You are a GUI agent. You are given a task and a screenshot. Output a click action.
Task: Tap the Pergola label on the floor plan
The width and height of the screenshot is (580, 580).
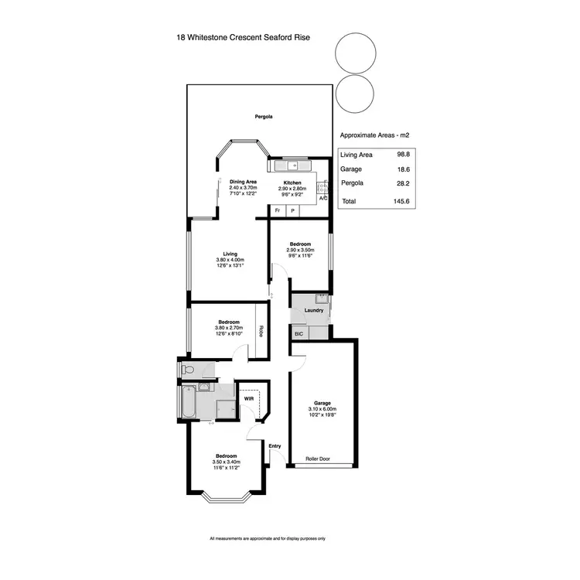(264, 117)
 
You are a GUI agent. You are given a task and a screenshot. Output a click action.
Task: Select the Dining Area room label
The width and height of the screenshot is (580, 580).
(243, 182)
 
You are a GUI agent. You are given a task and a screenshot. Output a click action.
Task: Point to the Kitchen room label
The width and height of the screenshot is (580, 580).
(292, 183)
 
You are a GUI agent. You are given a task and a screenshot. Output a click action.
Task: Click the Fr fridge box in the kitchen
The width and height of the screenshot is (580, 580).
(278, 210)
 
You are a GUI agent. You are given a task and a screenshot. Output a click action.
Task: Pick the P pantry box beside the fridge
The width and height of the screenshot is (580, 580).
(293, 210)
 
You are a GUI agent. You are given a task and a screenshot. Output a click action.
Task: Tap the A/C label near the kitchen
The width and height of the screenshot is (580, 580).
(323, 199)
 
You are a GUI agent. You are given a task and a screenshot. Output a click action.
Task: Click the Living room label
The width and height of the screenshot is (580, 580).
(230, 254)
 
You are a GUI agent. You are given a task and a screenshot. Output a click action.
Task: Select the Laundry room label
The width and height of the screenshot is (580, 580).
(314, 310)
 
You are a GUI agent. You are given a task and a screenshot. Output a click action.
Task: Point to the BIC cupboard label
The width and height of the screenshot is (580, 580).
(299, 333)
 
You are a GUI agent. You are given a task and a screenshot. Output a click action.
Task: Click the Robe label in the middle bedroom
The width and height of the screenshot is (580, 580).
(261, 330)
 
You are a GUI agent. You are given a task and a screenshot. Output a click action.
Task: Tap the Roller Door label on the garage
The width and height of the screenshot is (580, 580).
(317, 458)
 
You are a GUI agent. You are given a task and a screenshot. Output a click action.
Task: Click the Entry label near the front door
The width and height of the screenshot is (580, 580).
(275, 445)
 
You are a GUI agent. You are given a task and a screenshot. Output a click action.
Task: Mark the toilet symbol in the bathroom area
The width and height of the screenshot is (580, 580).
(190, 370)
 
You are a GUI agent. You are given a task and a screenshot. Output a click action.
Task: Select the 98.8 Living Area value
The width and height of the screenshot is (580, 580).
(402, 155)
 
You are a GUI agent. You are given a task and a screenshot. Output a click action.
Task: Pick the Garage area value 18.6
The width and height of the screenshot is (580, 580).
(402, 169)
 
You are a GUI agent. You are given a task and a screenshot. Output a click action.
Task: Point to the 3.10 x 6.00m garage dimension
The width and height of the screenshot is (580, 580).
(322, 409)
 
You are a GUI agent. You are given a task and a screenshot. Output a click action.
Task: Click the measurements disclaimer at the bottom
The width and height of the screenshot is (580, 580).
(268, 539)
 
